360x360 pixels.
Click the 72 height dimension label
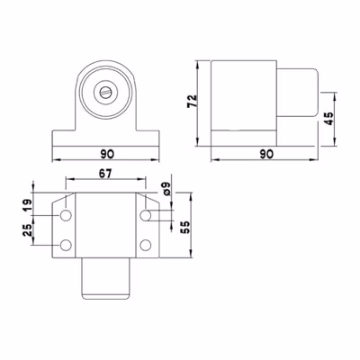(192, 101)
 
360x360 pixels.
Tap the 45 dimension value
(329, 119)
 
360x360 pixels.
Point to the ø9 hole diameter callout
(166, 188)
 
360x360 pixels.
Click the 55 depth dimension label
(185, 228)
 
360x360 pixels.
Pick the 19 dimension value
(28, 205)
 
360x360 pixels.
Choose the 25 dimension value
(28, 230)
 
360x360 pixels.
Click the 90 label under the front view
(107, 154)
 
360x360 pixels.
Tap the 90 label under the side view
(266, 154)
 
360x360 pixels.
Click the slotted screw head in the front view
(105, 92)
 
